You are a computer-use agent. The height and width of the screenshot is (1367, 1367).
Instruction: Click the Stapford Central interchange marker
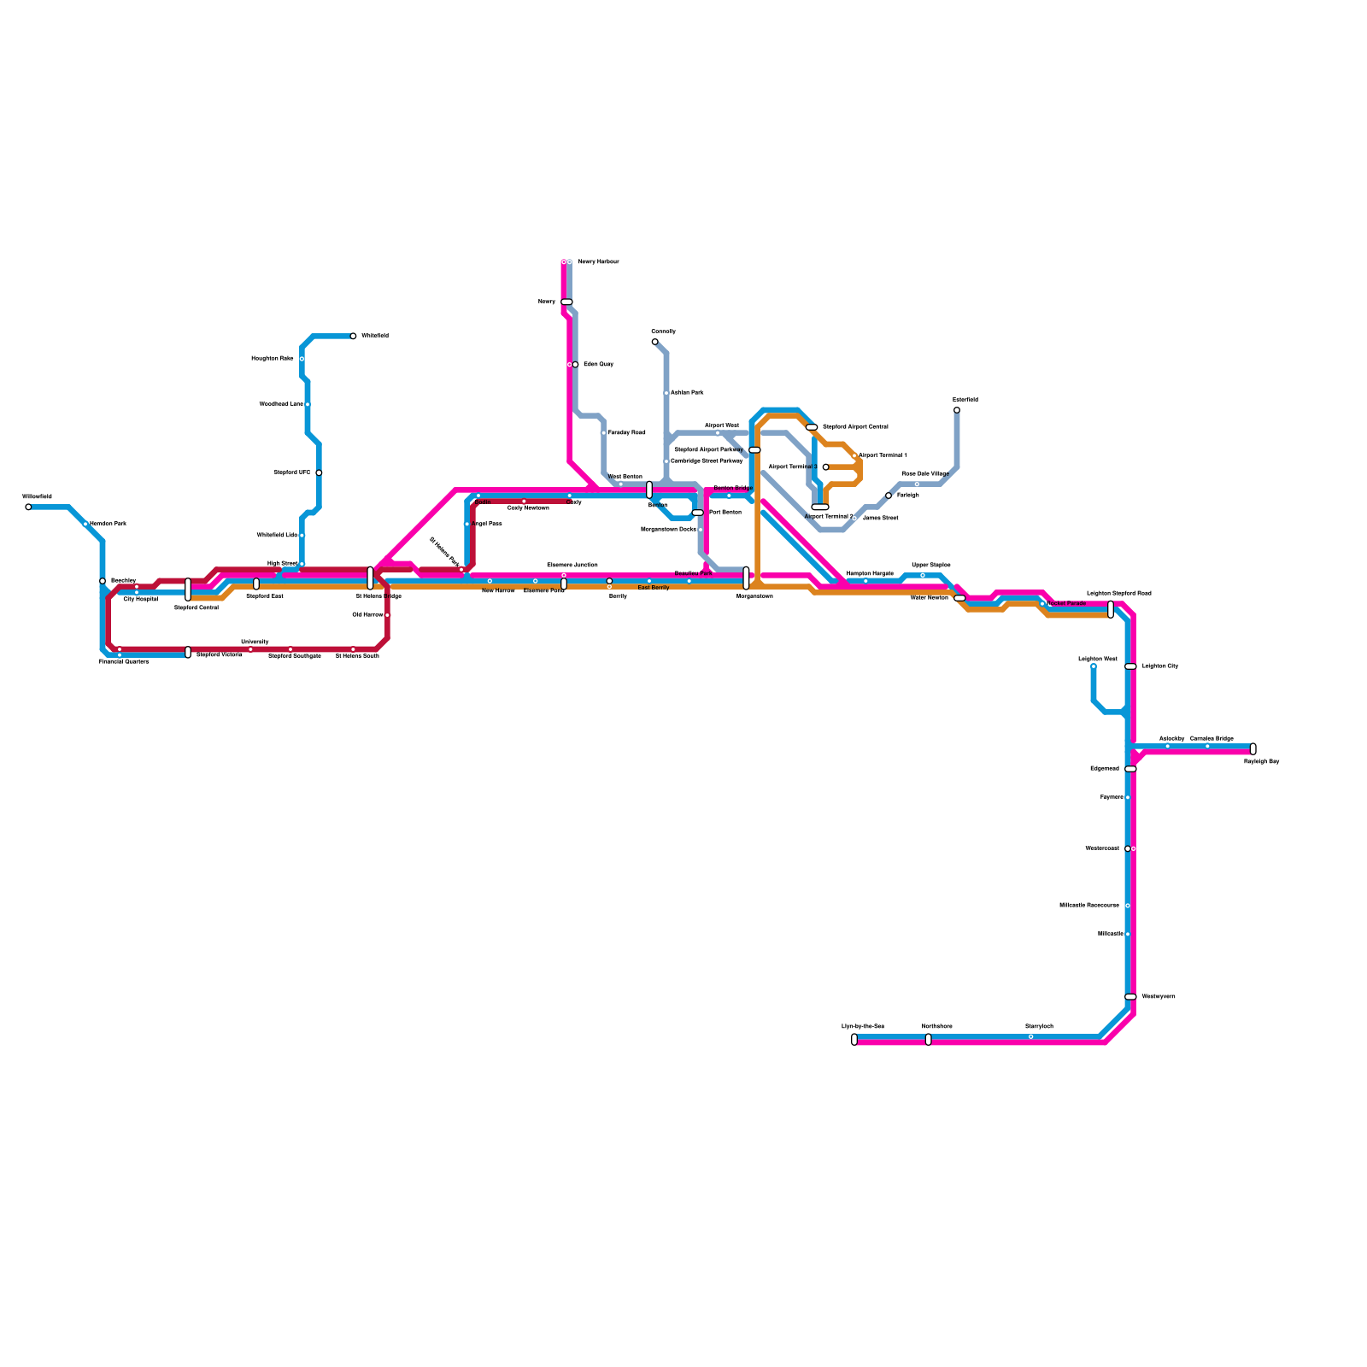pos(188,590)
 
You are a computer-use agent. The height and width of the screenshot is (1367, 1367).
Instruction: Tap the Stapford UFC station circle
pos(319,472)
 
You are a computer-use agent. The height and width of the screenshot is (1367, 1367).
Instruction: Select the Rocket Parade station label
pos(1066,603)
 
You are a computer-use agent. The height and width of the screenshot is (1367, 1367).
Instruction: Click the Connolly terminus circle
pos(655,342)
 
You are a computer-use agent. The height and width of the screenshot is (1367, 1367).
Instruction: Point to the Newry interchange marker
pos(566,302)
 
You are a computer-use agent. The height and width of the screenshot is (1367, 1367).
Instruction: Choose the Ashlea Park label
pos(687,393)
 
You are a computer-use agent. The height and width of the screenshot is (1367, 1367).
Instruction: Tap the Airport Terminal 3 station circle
pos(825,467)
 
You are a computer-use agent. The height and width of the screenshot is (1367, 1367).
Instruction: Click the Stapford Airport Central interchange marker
pos(812,427)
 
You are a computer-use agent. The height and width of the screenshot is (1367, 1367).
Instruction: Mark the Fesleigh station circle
pos(889,496)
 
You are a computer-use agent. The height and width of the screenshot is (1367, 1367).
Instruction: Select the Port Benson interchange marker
pos(698,513)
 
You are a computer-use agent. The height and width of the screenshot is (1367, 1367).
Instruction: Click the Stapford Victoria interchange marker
pos(188,653)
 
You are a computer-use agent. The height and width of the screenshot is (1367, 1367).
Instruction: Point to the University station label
pos(255,642)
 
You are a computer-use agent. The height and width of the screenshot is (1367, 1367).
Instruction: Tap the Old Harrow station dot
pos(387,615)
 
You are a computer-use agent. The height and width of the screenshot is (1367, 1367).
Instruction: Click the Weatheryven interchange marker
pos(1130,997)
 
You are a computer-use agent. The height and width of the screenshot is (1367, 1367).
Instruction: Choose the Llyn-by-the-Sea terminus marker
pos(854,1040)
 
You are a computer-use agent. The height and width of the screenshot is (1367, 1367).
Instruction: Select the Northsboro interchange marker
pos(929,1040)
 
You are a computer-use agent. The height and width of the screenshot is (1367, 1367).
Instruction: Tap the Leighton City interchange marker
pos(1130,666)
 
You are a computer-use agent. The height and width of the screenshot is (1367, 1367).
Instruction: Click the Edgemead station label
pos(1105,769)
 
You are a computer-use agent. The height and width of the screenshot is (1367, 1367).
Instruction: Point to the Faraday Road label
pos(626,433)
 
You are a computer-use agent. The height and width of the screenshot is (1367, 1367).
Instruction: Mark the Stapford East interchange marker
pos(256,584)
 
